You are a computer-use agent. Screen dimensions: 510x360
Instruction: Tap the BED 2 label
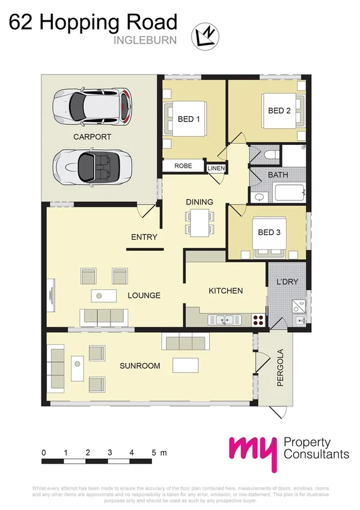(x=279, y=111)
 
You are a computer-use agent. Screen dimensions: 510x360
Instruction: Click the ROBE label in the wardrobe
(x=183, y=166)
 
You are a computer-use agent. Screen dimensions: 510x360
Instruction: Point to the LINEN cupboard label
(x=215, y=169)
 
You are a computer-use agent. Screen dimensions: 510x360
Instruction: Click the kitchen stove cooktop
(x=259, y=319)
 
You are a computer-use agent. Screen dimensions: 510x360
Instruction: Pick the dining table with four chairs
(x=198, y=221)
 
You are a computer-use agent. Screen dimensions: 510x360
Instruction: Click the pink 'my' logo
(x=252, y=453)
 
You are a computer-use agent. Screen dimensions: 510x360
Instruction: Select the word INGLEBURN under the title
(x=145, y=41)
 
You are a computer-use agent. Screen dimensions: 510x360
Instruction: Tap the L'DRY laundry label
(x=287, y=281)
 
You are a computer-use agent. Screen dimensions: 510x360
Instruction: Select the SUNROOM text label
(x=139, y=366)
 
